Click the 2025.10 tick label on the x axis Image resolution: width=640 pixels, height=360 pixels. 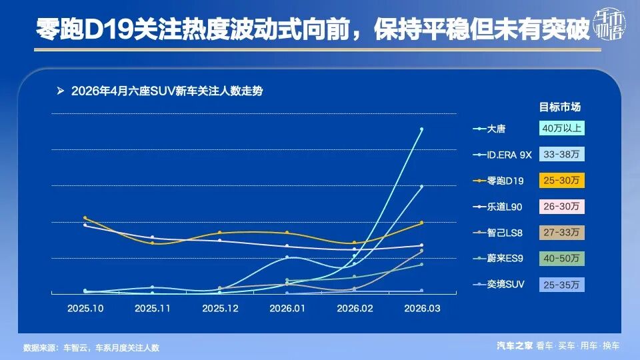tap(85, 309)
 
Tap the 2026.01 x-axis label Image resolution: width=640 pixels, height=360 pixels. tap(287, 309)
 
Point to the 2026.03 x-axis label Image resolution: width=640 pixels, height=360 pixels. tap(422, 309)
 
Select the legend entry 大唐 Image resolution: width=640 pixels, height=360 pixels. tap(496, 129)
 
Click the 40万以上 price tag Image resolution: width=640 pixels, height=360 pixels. tap(561, 128)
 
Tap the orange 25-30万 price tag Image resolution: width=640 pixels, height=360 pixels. tap(561, 180)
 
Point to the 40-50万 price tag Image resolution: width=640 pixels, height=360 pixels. tap(561, 258)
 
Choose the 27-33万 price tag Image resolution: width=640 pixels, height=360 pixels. tap(561, 232)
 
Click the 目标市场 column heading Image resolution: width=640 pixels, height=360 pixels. tap(560, 107)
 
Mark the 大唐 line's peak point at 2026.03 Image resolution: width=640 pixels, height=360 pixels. tap(421, 129)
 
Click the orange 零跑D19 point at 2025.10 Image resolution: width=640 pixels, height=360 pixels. tap(85, 217)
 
